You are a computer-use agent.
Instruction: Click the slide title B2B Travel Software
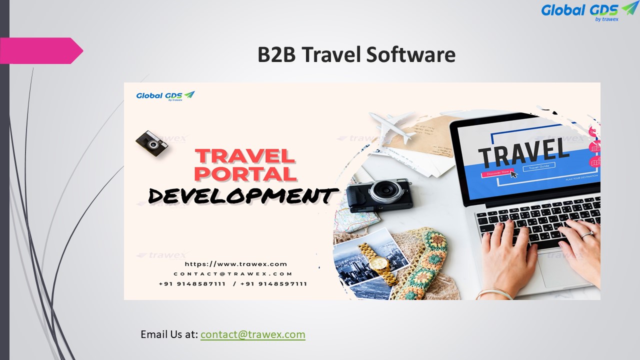[x=356, y=54]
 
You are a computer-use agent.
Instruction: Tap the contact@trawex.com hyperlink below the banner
[x=252, y=334]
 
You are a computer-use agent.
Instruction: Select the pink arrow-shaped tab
[x=40, y=50]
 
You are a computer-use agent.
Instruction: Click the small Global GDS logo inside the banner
[x=165, y=95]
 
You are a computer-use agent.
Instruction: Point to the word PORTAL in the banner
[x=245, y=173]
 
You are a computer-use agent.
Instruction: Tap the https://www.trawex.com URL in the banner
[x=236, y=264]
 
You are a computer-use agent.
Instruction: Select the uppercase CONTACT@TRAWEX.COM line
[x=233, y=274]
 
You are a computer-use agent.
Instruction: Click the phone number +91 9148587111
[x=192, y=284]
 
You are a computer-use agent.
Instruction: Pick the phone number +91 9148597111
[x=273, y=284]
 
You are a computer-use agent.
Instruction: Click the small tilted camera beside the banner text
[x=151, y=143]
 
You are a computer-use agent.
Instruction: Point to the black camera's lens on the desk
[x=383, y=190]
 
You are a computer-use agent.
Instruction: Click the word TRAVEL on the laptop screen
[x=523, y=150]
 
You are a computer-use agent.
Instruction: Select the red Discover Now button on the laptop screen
[x=496, y=173]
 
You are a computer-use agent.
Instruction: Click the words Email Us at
[x=169, y=334]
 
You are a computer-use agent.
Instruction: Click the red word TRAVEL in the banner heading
[x=245, y=155]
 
